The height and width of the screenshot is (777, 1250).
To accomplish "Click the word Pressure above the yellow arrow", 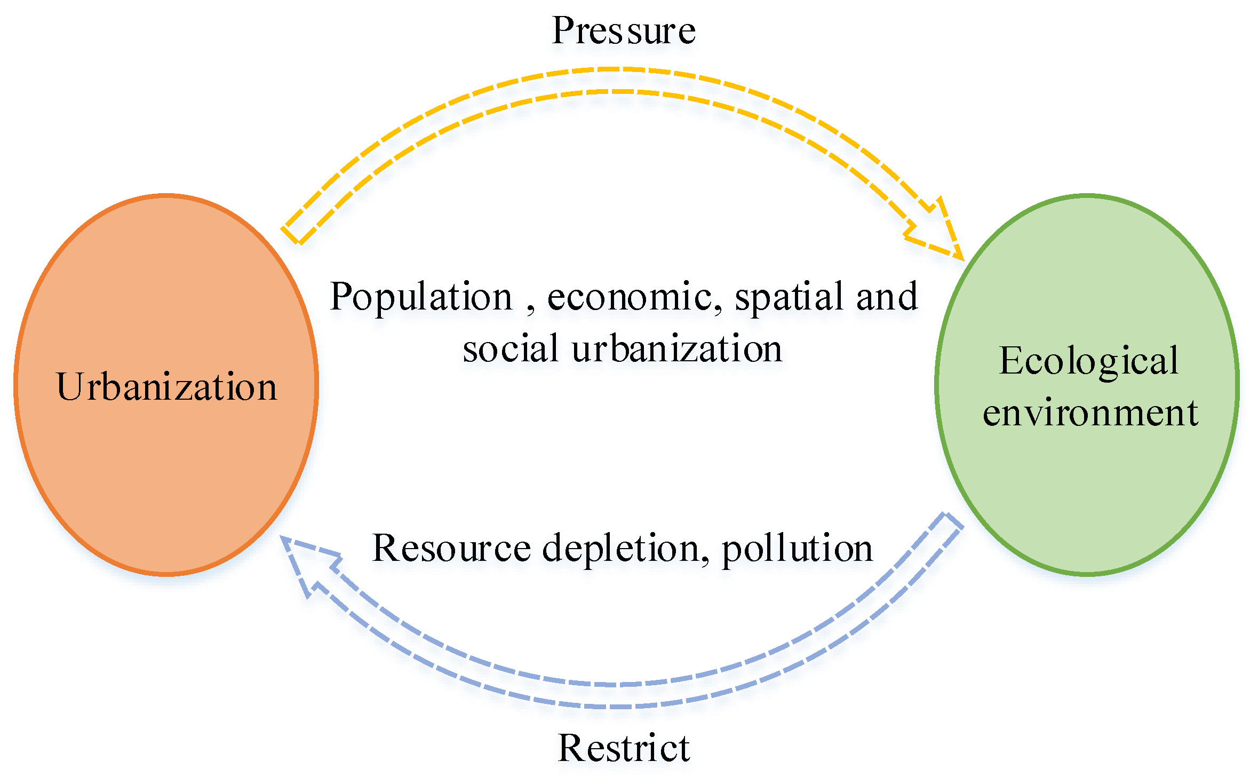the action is coord(624,30).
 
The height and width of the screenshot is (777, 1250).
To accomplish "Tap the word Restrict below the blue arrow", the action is coord(624,748).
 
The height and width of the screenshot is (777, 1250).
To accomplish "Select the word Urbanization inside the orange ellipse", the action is coord(166,386).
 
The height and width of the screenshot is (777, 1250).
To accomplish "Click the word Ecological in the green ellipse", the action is coord(1088,361).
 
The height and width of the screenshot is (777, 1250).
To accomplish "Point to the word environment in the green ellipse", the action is coord(1090,413).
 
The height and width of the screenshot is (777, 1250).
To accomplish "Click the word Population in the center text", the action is coord(421,296).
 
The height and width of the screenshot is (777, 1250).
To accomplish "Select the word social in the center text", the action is coord(511,348).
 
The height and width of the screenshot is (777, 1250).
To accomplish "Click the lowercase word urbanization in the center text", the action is coord(676,348).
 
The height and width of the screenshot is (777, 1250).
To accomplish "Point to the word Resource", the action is coord(451,548).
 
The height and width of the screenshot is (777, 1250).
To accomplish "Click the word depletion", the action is coord(622,548).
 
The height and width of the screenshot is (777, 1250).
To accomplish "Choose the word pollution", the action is coord(797,548).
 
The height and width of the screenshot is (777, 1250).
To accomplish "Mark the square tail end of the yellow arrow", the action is coord(293,233).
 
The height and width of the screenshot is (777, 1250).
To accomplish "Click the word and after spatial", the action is coord(887,296).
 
